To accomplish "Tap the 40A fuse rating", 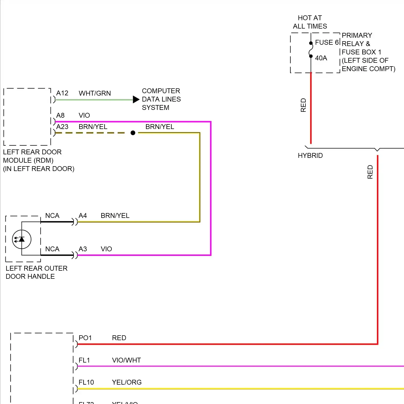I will pyautogui.click(x=321, y=58).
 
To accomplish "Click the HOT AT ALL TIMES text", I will pyautogui.click(x=310, y=22).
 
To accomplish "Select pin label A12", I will pyautogui.click(x=62, y=93).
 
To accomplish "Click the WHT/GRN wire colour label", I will pyautogui.click(x=95, y=93).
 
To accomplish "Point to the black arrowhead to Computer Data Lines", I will pyautogui.click(x=136, y=100).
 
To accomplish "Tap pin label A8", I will pyautogui.click(x=60, y=116).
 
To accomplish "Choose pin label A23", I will pyautogui.click(x=62, y=127).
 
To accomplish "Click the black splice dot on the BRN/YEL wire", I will pyautogui.click(x=133, y=133).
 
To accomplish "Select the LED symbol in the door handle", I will pyautogui.click(x=22, y=239).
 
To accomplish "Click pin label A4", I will pyautogui.click(x=83, y=216).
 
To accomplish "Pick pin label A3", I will pyautogui.click(x=83, y=249).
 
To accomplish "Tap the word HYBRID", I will pyautogui.click(x=310, y=156).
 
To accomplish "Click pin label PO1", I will pyautogui.click(x=85, y=338).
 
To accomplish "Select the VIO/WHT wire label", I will pyautogui.click(x=126, y=360).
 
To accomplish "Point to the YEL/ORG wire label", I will pyautogui.click(x=127, y=382).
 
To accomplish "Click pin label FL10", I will pyautogui.click(x=86, y=382).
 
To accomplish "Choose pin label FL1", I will pyautogui.click(x=84, y=360).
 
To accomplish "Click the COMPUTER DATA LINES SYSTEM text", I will pyautogui.click(x=161, y=99).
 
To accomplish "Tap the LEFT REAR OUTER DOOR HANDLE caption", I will pyautogui.click(x=36, y=272).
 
